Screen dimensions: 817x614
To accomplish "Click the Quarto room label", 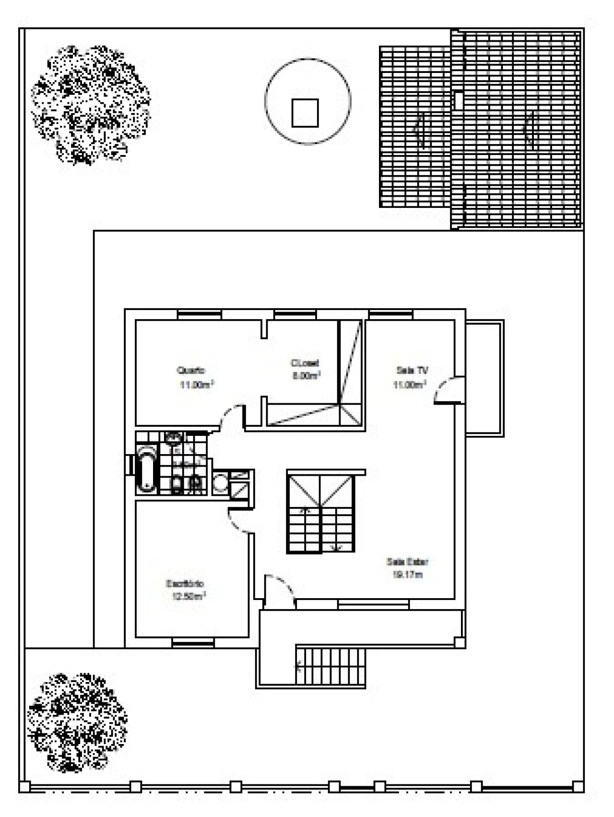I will [191, 370].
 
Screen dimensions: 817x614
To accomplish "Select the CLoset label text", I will [305, 363].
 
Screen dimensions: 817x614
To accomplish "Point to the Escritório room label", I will [185, 584].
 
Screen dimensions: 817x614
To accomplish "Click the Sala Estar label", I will [407, 562].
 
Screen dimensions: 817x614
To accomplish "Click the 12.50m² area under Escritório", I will [189, 597].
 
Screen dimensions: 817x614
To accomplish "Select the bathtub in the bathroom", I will [146, 469].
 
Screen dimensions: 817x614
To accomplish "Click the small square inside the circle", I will [305, 113].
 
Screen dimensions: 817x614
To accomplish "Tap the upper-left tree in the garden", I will [89, 105].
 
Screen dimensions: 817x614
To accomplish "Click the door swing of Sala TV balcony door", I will [446, 390].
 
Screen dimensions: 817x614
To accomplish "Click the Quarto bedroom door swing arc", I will [231, 416].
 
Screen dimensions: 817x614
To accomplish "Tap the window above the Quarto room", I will [200, 315].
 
